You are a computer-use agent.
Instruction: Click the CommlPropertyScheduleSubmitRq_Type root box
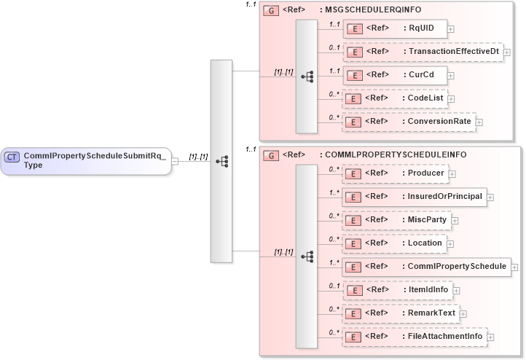[x=86, y=160]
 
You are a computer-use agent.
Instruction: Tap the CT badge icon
[x=12, y=157]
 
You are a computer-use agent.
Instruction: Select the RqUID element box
[x=394, y=28]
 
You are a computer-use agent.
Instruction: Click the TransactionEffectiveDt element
[x=422, y=52]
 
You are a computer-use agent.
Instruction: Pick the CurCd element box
[x=394, y=75]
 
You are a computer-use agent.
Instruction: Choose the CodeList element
[x=394, y=98]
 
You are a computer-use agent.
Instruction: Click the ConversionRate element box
[x=409, y=122]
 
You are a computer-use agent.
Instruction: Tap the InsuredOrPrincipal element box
[x=414, y=197]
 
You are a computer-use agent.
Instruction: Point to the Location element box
[x=394, y=243]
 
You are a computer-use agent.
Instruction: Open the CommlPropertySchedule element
[x=426, y=267]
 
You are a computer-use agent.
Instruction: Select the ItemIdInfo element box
[x=398, y=290]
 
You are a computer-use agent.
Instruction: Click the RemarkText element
[x=401, y=313]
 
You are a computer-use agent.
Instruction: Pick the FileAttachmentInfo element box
[x=414, y=337]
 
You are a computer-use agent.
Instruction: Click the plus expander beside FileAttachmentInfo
[x=491, y=337]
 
